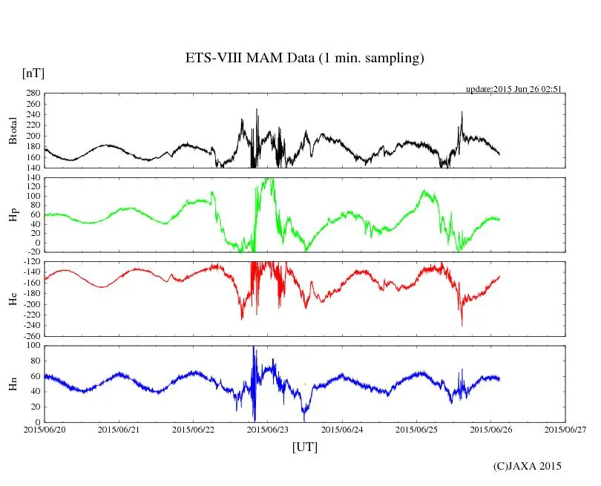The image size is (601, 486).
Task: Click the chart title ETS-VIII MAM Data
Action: (x=304, y=59)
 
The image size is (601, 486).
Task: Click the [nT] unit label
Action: (x=33, y=73)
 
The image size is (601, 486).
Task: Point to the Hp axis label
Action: (x=12, y=215)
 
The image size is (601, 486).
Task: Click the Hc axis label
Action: (x=12, y=299)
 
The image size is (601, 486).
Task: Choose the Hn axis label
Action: (x=12, y=384)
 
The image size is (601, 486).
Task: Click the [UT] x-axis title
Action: (x=304, y=447)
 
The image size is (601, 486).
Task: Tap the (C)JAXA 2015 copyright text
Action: (x=528, y=466)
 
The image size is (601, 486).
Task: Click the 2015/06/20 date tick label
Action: (x=45, y=429)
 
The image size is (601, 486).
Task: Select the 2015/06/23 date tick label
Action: (x=269, y=429)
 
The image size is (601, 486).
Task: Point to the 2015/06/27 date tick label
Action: (x=566, y=429)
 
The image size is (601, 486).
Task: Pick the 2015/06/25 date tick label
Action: (x=417, y=429)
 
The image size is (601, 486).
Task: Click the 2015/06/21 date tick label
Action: (x=119, y=429)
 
